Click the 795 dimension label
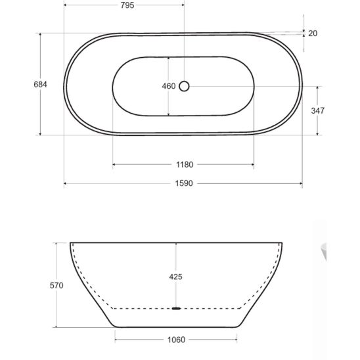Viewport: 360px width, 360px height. pos(127,5)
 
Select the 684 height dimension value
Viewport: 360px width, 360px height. pos(41,85)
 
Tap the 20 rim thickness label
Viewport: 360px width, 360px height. pos(313,34)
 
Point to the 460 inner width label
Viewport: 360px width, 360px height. pos(169,86)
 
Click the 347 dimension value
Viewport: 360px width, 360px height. pos(318,111)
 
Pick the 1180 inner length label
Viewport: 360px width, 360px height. pos(185,165)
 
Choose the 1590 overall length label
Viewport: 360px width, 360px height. pos(184,183)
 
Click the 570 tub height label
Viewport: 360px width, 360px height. pos(56,286)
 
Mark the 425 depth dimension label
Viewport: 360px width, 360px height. pos(175,277)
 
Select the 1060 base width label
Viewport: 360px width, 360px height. pos(176,340)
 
